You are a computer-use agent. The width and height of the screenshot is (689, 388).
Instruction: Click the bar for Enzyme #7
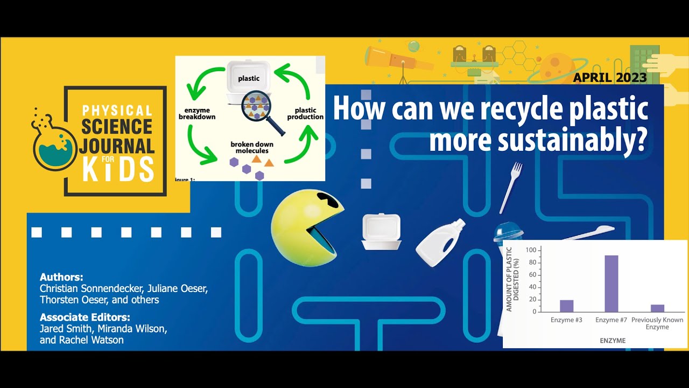point(611,283)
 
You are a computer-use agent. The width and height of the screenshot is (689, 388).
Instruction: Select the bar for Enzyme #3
point(566,306)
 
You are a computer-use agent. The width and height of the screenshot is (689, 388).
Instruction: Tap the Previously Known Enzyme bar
point(657,308)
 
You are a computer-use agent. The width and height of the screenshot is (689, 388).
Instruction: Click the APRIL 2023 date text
point(609,78)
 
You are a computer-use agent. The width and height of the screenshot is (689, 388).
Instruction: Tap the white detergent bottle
point(439,243)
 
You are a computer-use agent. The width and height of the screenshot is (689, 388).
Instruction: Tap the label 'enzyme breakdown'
point(197,113)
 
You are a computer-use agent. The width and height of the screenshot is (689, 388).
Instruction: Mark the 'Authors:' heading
point(61,277)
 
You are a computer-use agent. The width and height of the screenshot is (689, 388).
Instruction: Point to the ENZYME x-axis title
point(612,341)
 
